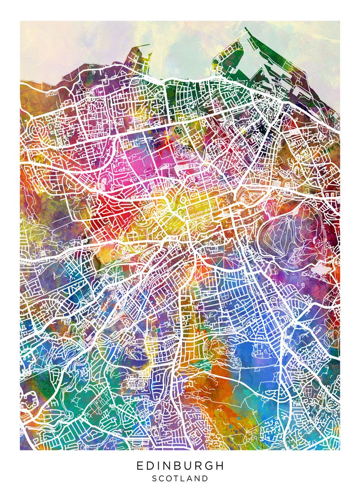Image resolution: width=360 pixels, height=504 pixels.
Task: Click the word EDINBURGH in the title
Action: (180, 466)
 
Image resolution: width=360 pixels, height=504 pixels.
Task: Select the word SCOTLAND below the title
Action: (180, 478)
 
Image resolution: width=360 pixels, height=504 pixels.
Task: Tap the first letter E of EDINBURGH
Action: (139, 466)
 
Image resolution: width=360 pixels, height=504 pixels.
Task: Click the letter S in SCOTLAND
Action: (154, 478)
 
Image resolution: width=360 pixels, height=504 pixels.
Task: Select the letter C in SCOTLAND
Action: (162, 478)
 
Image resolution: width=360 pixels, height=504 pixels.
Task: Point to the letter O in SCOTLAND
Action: (170, 478)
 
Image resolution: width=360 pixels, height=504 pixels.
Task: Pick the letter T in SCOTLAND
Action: (177, 478)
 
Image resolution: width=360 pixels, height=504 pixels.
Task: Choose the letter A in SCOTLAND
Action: (191, 478)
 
